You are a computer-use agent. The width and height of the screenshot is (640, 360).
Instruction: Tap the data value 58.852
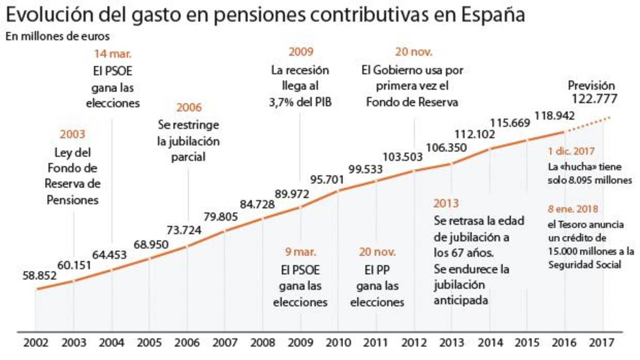click(39, 275)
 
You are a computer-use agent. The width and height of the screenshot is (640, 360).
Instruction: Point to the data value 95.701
click(327, 180)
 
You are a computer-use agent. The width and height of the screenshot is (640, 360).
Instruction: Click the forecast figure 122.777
click(594, 99)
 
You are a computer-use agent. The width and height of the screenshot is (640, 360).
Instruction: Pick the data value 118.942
click(555, 116)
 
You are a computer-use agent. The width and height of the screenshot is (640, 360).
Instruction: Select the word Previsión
click(591, 86)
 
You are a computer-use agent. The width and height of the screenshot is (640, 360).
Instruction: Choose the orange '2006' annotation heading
click(189, 108)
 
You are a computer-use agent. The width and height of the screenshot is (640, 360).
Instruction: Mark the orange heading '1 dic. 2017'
click(572, 152)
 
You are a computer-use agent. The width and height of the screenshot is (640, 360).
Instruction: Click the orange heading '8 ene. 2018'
click(573, 209)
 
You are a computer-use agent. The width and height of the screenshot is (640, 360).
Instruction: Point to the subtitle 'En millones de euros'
click(58, 37)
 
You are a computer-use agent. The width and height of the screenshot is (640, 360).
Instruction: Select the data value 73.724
click(184, 230)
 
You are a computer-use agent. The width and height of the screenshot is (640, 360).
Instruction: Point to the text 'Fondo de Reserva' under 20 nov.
click(412, 102)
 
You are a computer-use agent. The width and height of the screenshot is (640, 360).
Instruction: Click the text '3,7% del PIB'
click(300, 102)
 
